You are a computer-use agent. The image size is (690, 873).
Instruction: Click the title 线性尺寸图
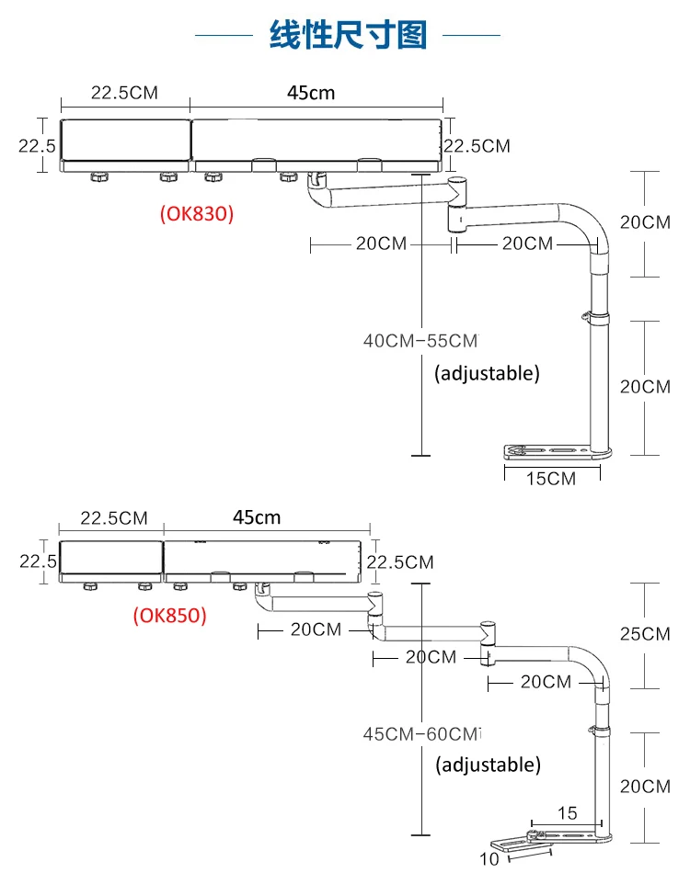[x=348, y=35]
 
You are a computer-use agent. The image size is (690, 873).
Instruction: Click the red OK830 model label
[x=197, y=213]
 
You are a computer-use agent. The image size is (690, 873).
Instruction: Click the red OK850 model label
[x=169, y=615]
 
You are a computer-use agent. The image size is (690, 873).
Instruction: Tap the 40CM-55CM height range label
[x=421, y=341]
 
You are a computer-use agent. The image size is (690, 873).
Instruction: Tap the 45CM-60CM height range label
[x=422, y=734]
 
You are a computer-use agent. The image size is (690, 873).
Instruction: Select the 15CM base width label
[x=552, y=478]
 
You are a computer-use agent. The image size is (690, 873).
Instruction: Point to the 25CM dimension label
[x=644, y=634]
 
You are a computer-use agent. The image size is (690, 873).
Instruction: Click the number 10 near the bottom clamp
[x=489, y=859]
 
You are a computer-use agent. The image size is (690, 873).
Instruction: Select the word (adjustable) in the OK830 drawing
[x=487, y=373]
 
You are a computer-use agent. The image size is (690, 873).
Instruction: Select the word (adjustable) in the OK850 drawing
[x=488, y=765]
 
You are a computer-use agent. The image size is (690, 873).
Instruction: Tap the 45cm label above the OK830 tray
[x=310, y=93]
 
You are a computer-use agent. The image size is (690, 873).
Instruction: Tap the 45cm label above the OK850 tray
[x=257, y=517]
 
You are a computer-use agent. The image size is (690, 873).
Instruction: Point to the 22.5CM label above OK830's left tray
[x=124, y=93]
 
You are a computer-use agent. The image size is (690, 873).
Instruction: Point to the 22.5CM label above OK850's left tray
[x=113, y=517]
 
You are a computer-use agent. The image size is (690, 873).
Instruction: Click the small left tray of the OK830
[x=124, y=145]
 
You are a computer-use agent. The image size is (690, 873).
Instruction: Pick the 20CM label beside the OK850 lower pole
[x=644, y=787]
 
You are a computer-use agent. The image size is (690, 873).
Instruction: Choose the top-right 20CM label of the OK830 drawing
[x=644, y=222]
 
